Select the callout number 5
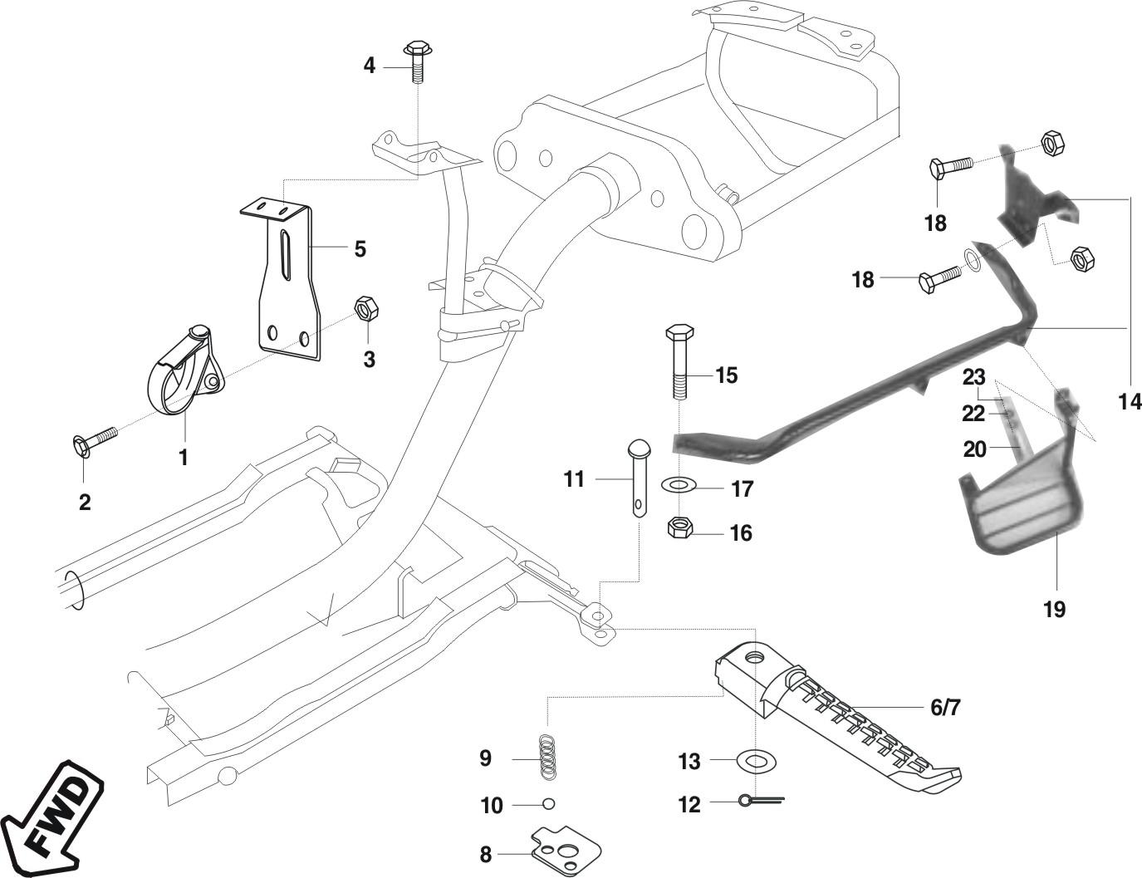tap(360, 248)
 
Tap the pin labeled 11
tap(640, 478)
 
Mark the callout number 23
tap(974, 376)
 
